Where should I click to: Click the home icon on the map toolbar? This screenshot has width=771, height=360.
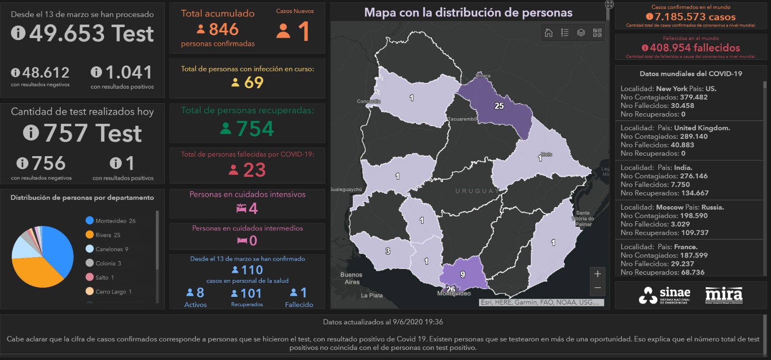coord(548,33)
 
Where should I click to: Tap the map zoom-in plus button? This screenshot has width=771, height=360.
coord(598,274)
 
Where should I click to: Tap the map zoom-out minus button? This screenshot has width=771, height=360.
coord(598,288)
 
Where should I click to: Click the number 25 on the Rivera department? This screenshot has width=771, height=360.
coord(499,106)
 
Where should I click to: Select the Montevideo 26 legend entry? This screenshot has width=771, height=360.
coord(115,221)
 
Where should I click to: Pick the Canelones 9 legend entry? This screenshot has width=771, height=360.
coord(111,249)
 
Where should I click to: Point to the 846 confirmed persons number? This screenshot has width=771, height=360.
coord(224,30)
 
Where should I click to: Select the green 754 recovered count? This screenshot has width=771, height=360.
coord(255,129)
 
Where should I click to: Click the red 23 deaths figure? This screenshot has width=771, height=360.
coord(254,170)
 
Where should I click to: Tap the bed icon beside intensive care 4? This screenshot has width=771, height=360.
coord(241,208)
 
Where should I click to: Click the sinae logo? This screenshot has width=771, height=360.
coord(665,295)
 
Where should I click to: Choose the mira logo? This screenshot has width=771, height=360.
coord(724,295)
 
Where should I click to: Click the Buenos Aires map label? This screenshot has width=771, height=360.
coord(351,278)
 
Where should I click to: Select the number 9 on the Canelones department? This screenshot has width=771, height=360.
coord(463,274)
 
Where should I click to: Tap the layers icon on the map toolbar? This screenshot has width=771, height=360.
coord(581,33)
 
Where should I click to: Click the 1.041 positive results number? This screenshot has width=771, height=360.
coord(128,73)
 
